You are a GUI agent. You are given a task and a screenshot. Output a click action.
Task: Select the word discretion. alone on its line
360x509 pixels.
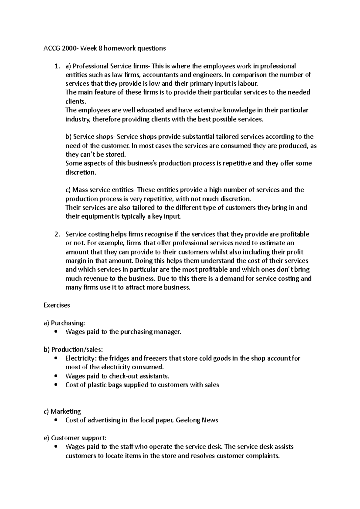point(80,172)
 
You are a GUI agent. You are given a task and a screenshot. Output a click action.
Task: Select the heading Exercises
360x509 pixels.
point(57,305)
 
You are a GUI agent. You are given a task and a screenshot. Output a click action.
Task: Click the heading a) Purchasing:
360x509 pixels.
point(64,323)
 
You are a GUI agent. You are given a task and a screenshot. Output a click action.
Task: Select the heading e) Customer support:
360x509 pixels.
point(75,438)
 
